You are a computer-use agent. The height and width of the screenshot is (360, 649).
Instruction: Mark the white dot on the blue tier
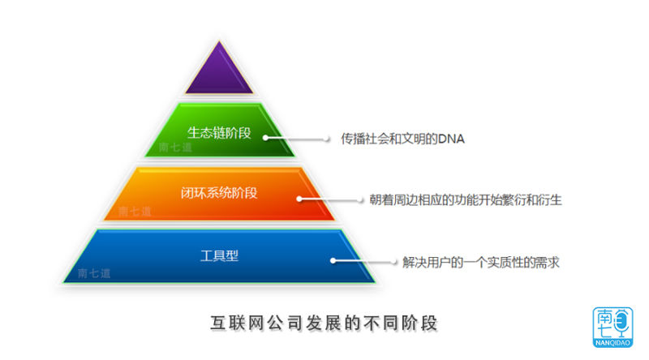(x=333, y=261)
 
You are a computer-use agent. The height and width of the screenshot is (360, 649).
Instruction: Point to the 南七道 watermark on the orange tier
(x=135, y=211)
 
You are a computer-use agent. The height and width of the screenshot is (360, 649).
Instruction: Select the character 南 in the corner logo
(x=604, y=316)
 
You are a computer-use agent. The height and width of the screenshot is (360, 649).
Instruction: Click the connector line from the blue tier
(x=363, y=261)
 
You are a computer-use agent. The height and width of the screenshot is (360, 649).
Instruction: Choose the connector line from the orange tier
(x=331, y=199)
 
